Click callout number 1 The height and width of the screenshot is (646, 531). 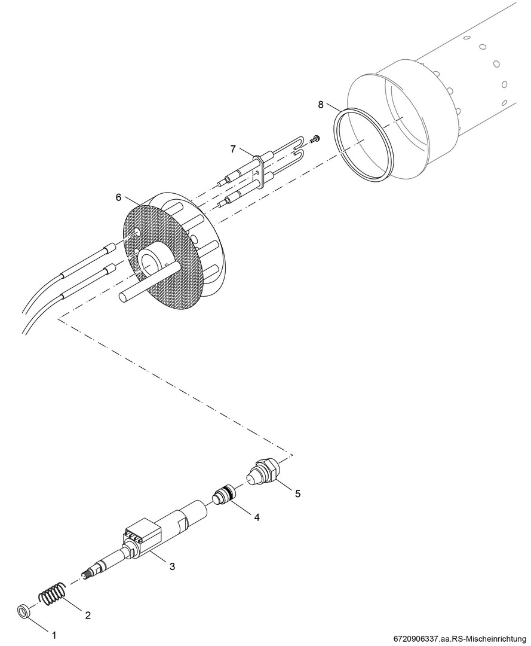click(x=54, y=635)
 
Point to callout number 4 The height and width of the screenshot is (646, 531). click(x=257, y=517)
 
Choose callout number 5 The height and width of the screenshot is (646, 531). click(x=297, y=493)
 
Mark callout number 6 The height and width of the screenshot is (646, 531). click(x=118, y=197)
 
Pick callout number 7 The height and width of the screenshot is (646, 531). click(x=233, y=149)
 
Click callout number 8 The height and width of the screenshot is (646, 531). click(x=320, y=104)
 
